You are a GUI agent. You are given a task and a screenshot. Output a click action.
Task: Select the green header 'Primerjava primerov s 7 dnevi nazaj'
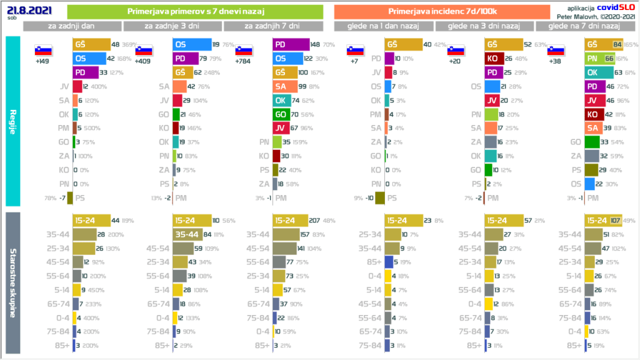[x=194, y=12]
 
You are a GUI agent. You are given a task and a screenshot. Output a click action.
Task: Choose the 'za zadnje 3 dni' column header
[x=172, y=26]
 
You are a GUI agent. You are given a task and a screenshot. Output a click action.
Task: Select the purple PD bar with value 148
[x=291, y=44]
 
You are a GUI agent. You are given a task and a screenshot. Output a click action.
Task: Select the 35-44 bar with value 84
[x=187, y=235]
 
